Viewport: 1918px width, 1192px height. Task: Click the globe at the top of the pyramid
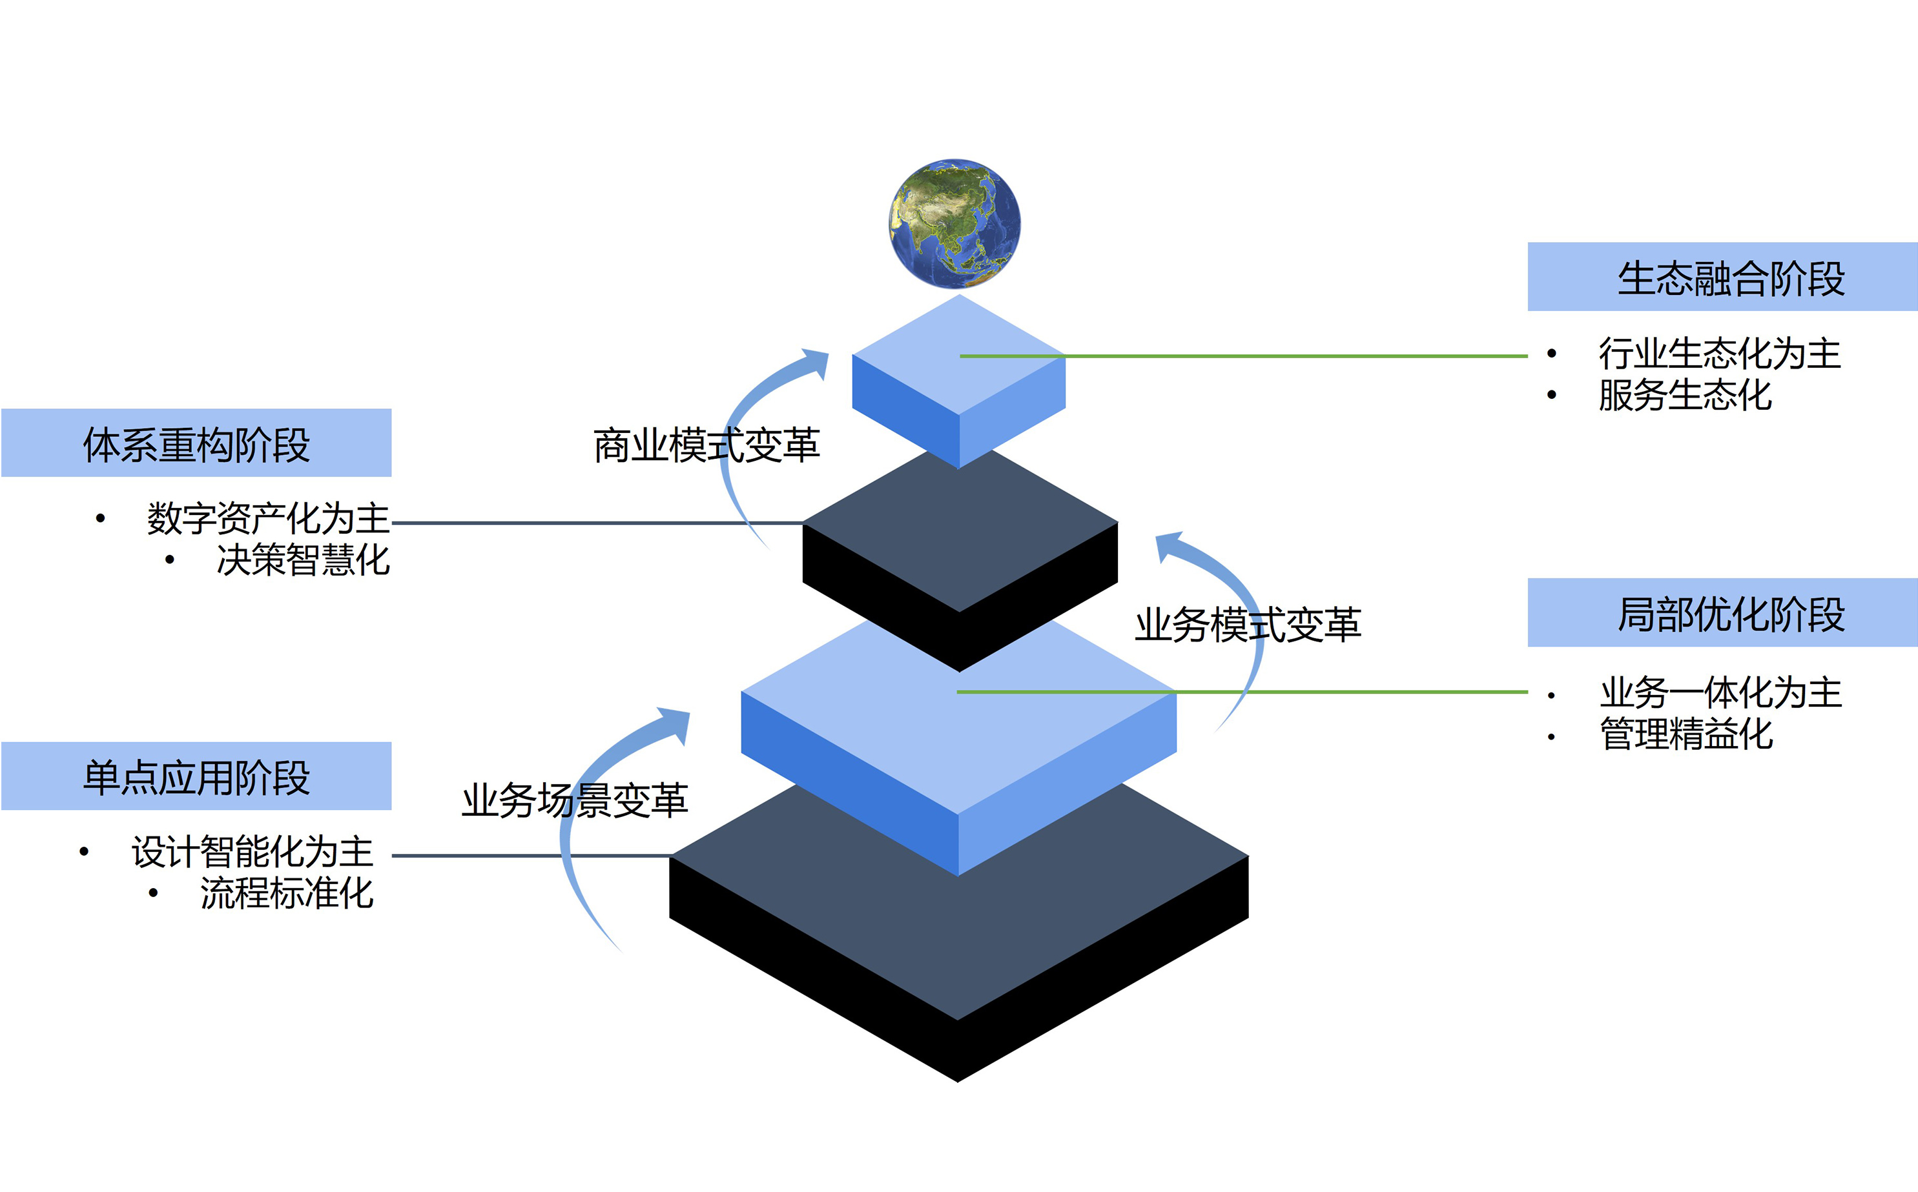pos(955,224)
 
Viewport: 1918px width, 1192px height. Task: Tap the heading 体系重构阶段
pos(196,445)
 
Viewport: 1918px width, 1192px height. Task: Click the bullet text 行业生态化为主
pos(1719,353)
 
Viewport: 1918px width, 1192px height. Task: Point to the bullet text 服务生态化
pos(1685,395)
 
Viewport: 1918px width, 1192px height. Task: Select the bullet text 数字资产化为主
pos(268,518)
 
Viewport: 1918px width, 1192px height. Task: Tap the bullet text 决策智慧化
pos(303,560)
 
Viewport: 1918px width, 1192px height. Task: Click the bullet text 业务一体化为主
pos(1720,692)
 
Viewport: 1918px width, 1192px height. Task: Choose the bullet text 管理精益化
pos(1686,734)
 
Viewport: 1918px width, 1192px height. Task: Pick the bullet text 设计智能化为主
pos(252,851)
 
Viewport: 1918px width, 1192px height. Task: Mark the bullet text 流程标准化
pos(286,893)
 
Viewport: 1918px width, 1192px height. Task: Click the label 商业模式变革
pos(706,445)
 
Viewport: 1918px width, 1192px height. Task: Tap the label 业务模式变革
pos(1248,624)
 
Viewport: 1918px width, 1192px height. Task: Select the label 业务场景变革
pos(574,800)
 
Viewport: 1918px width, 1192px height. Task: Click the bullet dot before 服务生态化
pos(1551,395)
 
